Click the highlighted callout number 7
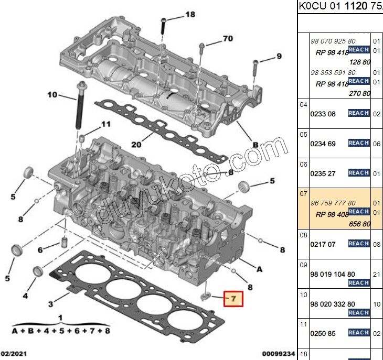pos(234,299)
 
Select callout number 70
pos(227,39)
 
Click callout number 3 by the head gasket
pos(50,304)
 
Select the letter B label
pos(256,144)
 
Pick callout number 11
pos(106,124)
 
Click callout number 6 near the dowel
pos(40,249)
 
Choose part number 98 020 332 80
pos(333,304)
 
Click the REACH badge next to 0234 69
pos(359,143)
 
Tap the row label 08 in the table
pos(303,235)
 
